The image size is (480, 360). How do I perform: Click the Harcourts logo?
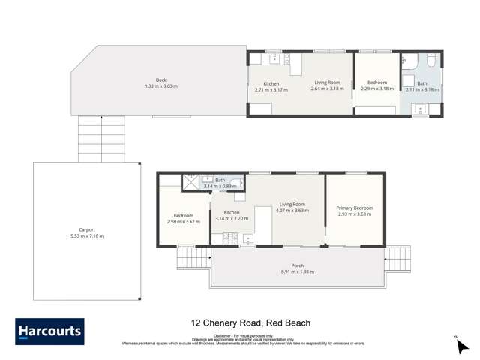pyautogui.click(x=49, y=331)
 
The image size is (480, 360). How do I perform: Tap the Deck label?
pyautogui.click(x=160, y=80)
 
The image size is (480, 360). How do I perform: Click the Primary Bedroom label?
pyautogui.click(x=355, y=208)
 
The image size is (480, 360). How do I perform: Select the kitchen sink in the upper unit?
pyautogui.click(x=274, y=58)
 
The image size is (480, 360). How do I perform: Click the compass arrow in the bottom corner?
pyautogui.click(x=462, y=346)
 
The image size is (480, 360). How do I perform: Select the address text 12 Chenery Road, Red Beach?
pyautogui.click(x=250, y=323)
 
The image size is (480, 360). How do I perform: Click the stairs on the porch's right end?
pyautogui.click(x=397, y=259)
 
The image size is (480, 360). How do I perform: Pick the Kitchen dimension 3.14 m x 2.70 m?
pyautogui.click(x=232, y=218)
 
